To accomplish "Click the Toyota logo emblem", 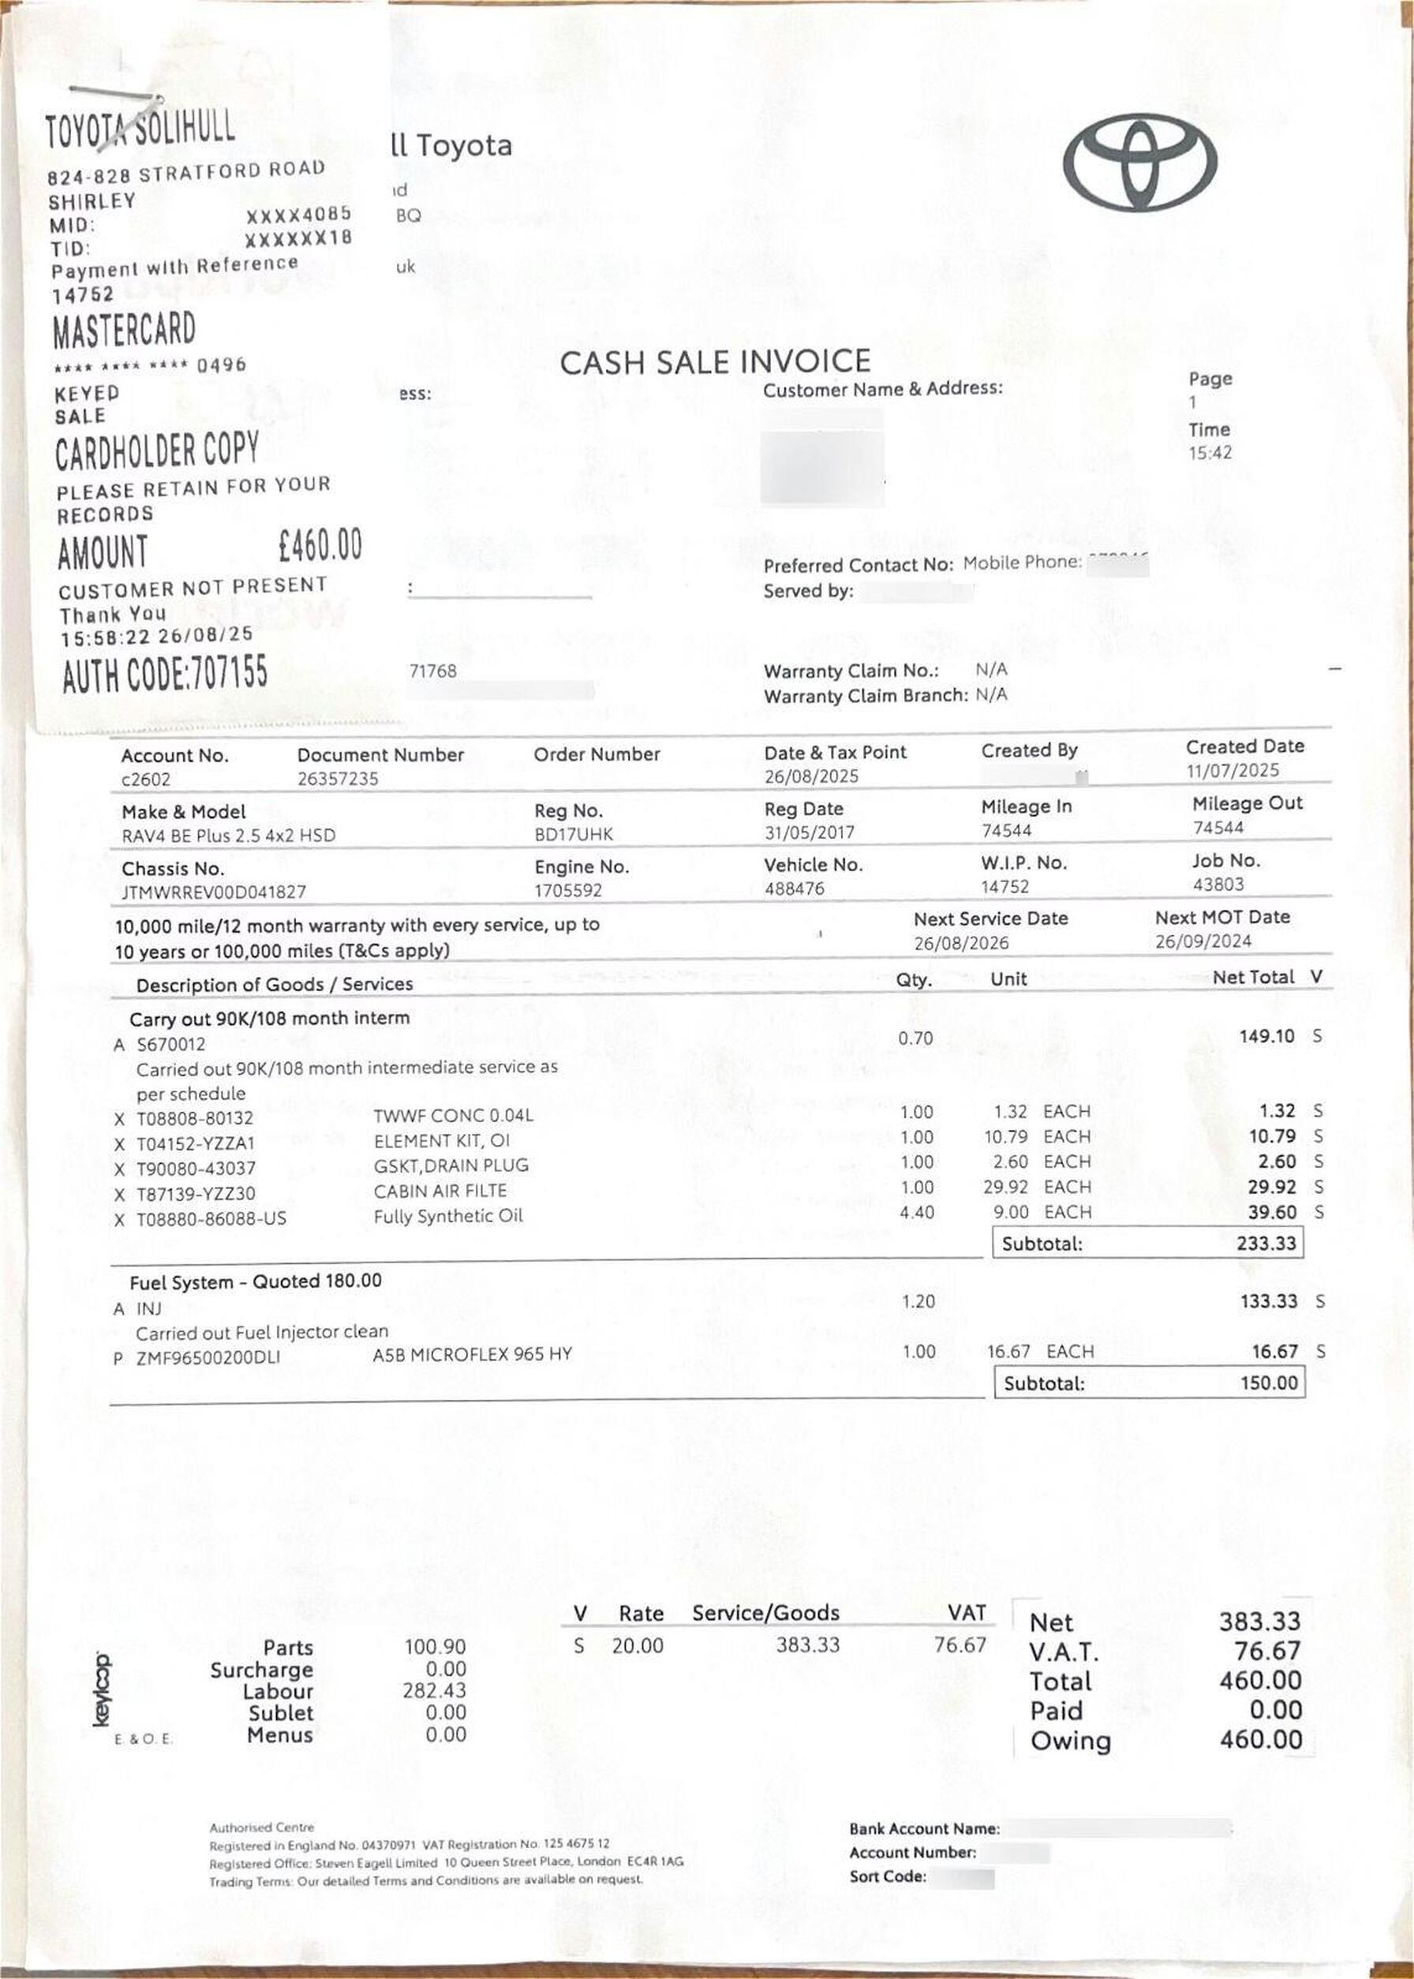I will pyautogui.click(x=1139, y=162).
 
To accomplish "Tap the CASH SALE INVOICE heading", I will pyautogui.click(x=714, y=362).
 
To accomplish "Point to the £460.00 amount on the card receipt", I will pyautogui.click(x=320, y=546).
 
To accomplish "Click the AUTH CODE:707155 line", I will pyautogui.click(x=165, y=674).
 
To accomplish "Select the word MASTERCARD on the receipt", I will pyautogui.click(x=124, y=331).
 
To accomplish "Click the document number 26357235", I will pyautogui.click(x=338, y=778).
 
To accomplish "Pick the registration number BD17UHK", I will pyautogui.click(x=573, y=834).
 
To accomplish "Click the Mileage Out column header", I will pyautogui.click(x=1247, y=802).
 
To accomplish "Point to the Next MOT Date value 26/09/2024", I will pyautogui.click(x=1203, y=941).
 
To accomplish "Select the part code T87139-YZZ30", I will pyautogui.click(x=195, y=1194).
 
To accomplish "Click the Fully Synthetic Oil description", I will pyautogui.click(x=447, y=1216).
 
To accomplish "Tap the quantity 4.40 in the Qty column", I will pyautogui.click(x=916, y=1212).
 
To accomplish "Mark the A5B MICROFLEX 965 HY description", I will pyautogui.click(x=472, y=1355).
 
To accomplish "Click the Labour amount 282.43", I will pyautogui.click(x=435, y=1691).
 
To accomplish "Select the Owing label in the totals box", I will pyautogui.click(x=1070, y=1741).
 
